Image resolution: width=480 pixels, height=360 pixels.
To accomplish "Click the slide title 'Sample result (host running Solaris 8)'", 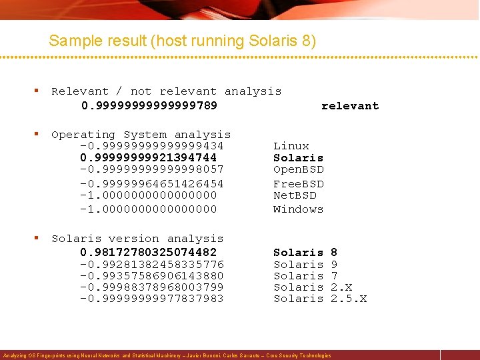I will point(182,41).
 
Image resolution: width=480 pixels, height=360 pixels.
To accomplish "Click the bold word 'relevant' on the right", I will point(349,106).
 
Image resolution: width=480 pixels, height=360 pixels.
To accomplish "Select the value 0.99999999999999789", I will point(149,106).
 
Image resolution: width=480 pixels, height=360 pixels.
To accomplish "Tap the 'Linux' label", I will point(291,146).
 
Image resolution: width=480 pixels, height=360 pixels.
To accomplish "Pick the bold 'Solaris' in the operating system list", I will point(298,158).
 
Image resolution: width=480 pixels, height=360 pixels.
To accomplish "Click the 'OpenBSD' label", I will point(298,170).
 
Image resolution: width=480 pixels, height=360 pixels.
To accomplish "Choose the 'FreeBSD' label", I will point(298,183).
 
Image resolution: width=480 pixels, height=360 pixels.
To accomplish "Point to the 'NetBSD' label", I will point(295,195).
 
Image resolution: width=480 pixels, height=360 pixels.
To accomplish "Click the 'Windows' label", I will point(298,209).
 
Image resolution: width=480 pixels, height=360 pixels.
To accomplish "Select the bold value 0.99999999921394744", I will point(148,158).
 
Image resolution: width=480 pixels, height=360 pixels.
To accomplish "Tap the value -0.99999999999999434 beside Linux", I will point(151,146).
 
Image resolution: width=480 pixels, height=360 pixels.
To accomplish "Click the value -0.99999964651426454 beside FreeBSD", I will point(151,183).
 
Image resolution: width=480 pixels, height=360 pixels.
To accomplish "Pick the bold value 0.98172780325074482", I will point(148,252).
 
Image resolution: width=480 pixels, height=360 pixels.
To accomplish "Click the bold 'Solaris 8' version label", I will point(305,252).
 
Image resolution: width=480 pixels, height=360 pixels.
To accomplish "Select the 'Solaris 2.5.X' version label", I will point(320,299).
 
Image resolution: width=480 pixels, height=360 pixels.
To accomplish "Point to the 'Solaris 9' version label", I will point(305,264).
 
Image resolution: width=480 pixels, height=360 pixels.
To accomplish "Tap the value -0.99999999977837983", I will point(151,299).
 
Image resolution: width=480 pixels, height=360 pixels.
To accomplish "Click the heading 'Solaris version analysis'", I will point(137,239).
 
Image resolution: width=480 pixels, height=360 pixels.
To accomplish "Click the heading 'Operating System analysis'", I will point(141,135).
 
